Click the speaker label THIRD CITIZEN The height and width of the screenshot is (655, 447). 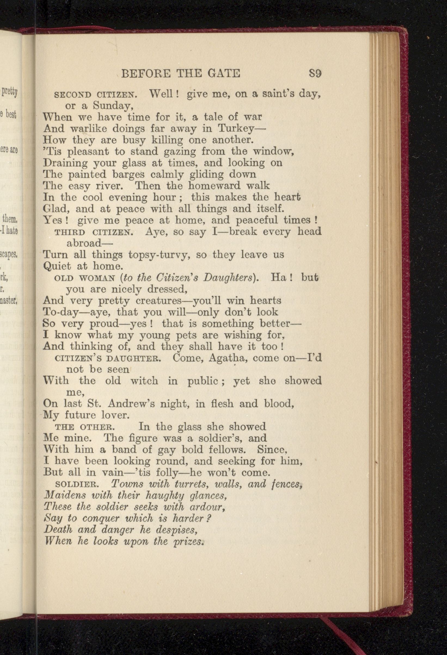93,232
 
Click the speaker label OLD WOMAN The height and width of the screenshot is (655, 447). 84,278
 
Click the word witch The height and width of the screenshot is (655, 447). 144,381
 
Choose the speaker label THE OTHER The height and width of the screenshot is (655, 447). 85,427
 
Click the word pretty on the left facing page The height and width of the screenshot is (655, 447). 10,92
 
